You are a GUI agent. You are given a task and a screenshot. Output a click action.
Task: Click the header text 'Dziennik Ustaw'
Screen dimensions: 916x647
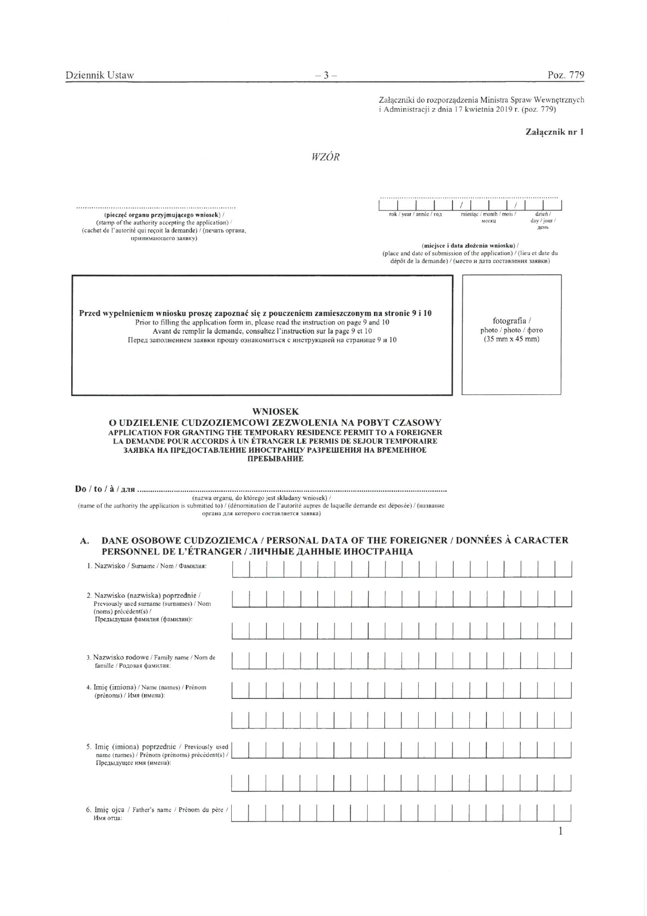100,75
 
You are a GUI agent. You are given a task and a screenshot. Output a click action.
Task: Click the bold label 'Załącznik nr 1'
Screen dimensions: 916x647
555,132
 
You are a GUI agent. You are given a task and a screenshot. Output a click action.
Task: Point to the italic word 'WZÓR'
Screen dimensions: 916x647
325,158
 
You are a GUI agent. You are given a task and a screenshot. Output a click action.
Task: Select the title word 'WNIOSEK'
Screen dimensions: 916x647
275,412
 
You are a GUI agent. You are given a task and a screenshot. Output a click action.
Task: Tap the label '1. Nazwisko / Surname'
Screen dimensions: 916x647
146,566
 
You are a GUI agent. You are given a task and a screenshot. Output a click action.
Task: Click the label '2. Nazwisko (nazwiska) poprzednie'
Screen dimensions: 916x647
147,595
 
